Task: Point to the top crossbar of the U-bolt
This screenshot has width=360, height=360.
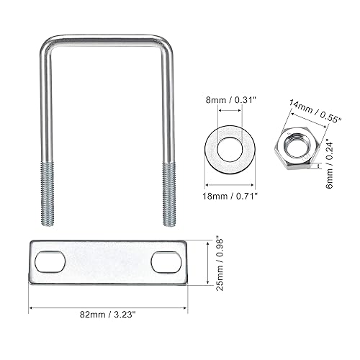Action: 104,37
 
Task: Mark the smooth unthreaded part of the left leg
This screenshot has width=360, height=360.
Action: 42,108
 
